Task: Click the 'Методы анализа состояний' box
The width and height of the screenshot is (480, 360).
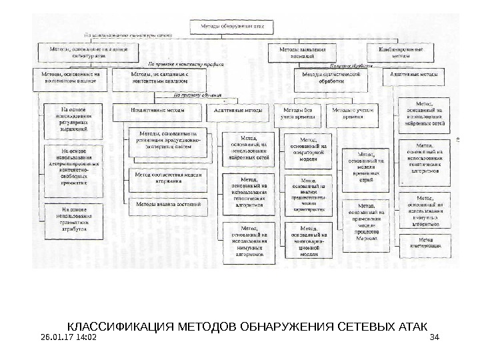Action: (169, 204)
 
